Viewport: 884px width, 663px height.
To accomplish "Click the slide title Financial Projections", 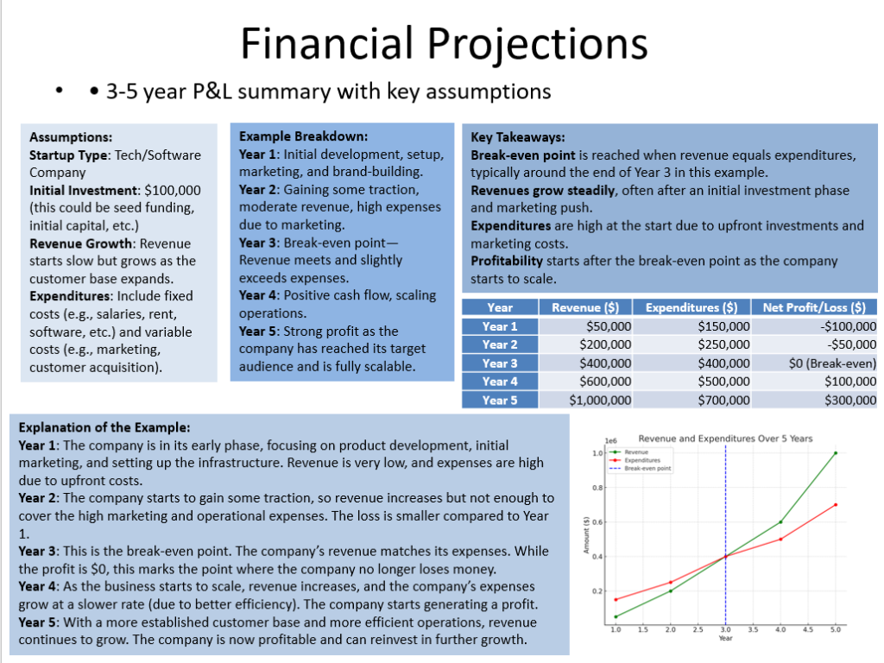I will (443, 43).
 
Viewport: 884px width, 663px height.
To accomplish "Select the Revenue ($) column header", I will (586, 307).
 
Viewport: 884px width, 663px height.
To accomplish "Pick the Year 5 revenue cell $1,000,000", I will (600, 400).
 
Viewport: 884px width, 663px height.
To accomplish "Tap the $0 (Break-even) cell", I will (832, 363).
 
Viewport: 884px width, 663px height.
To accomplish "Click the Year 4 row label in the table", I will (500, 382).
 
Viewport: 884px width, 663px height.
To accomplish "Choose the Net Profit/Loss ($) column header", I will (814, 307).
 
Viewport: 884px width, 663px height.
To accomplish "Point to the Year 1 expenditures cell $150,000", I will (723, 326).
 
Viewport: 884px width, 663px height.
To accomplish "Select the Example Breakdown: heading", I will (303, 136).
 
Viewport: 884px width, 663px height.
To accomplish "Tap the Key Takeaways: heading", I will (518, 137).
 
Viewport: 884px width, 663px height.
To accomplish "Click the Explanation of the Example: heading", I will (104, 427).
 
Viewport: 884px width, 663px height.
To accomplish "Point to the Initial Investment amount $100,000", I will (173, 191).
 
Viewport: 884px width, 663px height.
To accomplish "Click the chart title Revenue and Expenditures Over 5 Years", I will (725, 439).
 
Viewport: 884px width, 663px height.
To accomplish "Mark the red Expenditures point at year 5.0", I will (835, 504).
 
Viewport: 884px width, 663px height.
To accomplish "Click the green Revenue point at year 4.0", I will (780, 521).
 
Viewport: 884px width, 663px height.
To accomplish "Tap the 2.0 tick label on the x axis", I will (670, 631).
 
